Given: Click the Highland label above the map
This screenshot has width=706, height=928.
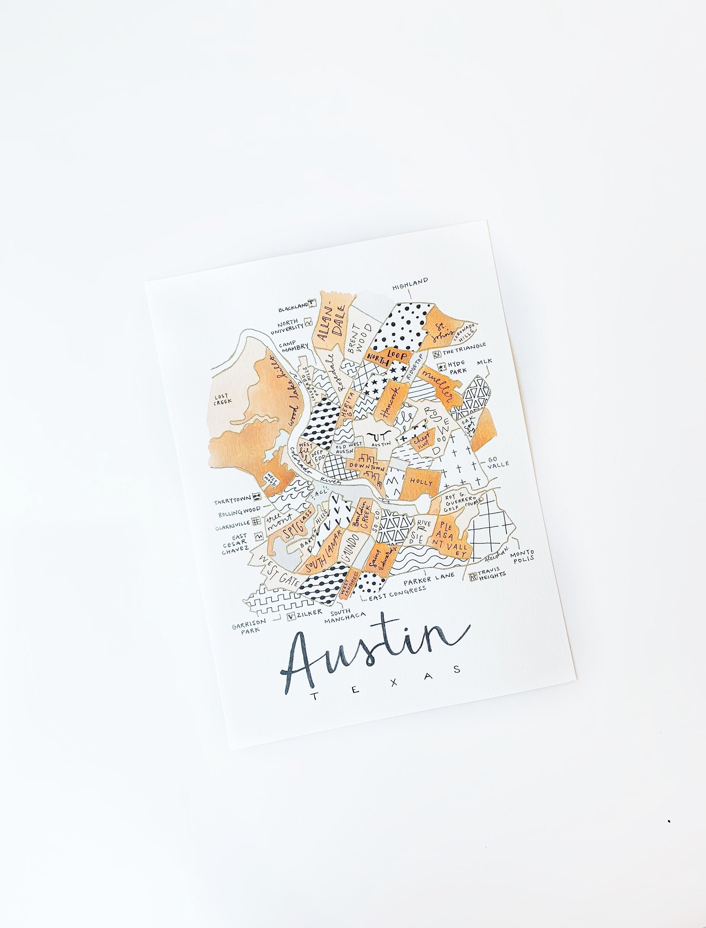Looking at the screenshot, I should (x=410, y=284).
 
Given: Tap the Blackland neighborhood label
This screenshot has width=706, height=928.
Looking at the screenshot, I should (x=293, y=309).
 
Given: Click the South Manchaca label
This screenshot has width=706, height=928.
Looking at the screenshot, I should (x=344, y=616).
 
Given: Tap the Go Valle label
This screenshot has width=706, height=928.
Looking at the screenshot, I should (x=498, y=463).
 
